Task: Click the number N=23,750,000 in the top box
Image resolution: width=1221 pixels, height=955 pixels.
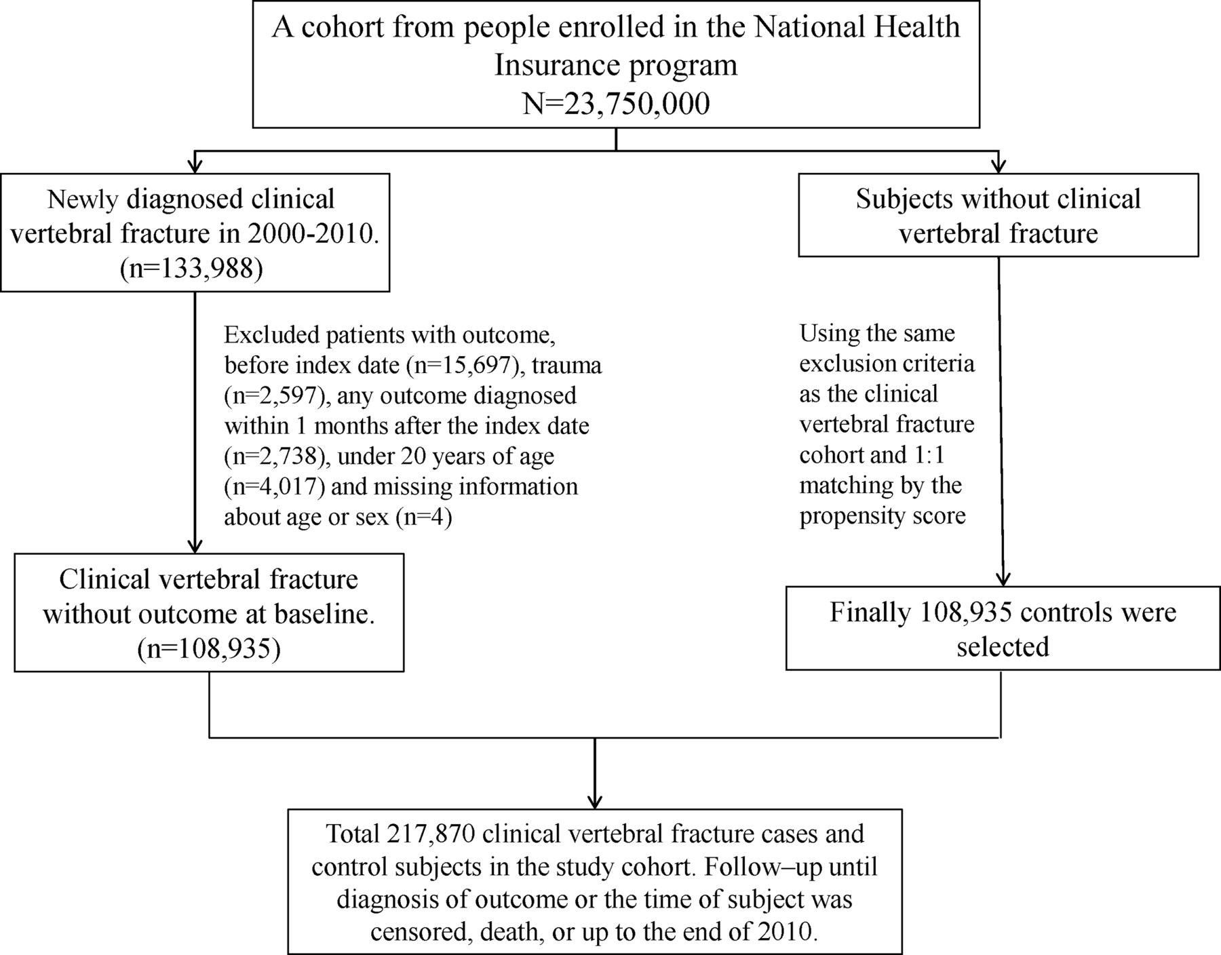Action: pos(616,104)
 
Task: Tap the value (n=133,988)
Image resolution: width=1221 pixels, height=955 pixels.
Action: pos(191,269)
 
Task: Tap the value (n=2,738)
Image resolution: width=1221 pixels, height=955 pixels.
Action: pos(276,456)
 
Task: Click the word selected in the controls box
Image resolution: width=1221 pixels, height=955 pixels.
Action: pos(1003,646)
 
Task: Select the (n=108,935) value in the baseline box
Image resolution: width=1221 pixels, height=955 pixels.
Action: pos(209,648)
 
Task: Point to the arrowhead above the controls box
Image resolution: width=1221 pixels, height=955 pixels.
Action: pos(1003,577)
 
